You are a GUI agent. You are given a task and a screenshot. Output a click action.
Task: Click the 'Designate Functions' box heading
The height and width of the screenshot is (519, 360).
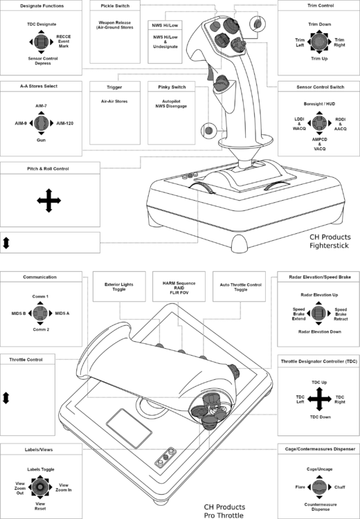click(x=41, y=6)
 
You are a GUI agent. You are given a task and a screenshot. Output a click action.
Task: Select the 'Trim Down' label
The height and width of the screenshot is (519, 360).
click(x=318, y=24)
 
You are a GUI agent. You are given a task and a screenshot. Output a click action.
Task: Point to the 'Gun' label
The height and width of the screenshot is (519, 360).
click(x=42, y=140)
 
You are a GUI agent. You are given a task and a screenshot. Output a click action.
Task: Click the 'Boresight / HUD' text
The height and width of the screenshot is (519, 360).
click(x=318, y=104)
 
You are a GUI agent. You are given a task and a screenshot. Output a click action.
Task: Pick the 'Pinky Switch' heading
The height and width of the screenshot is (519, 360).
click(x=168, y=86)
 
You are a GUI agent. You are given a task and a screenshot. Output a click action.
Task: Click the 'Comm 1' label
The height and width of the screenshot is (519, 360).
click(x=42, y=296)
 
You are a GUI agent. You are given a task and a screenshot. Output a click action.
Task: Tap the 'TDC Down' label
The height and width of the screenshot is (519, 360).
click(x=318, y=417)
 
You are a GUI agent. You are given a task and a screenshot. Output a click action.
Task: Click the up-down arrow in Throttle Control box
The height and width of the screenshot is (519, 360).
click(x=7, y=398)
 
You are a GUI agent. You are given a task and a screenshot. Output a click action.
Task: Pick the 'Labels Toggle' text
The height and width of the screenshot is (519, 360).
click(x=42, y=469)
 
